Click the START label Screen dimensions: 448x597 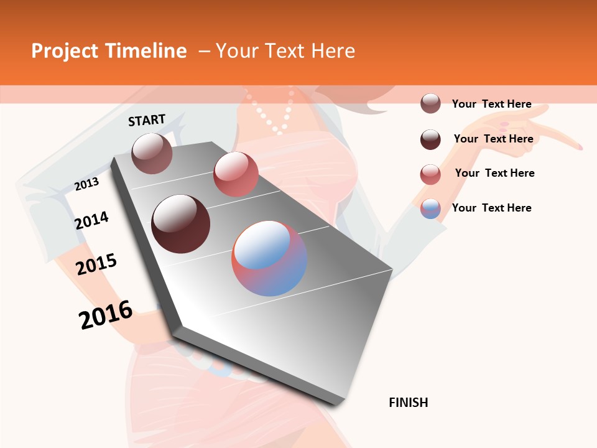coord(147,120)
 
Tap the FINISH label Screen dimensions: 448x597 coord(409,403)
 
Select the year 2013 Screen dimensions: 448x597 coord(86,184)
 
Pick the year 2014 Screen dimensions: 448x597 coord(91,221)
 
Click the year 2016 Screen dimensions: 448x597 coord(106,315)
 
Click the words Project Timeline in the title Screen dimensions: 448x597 coord(109,51)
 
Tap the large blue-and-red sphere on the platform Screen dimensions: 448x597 coord(269,258)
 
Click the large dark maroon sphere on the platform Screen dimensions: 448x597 coord(181,224)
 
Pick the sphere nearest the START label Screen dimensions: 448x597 coord(152,153)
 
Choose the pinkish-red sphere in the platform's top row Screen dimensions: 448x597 coord(236,174)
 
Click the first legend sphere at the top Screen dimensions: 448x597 coord(430,104)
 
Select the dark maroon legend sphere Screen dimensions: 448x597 coord(430,139)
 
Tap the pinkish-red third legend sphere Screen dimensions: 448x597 coord(430,174)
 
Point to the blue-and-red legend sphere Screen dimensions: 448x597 coord(430,209)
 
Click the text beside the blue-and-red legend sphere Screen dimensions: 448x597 coord(492,208)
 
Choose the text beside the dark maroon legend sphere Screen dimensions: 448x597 coord(494,139)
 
